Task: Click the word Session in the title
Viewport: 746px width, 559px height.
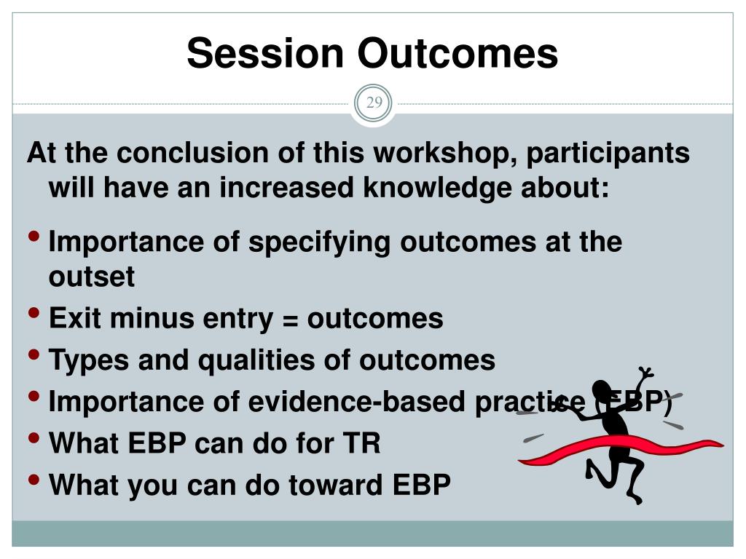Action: point(265,52)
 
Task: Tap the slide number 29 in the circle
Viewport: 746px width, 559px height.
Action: point(374,102)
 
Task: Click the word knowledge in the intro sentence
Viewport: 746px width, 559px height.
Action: point(437,187)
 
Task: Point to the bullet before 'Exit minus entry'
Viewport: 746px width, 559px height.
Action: point(34,313)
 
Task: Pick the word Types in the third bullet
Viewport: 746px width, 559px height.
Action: point(89,360)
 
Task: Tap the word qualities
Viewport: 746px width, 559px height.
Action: point(256,360)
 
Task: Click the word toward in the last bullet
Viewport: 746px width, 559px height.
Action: point(335,485)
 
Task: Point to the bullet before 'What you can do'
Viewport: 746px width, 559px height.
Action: point(34,480)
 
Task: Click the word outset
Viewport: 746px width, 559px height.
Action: point(92,277)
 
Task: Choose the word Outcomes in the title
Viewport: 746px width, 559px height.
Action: point(458,52)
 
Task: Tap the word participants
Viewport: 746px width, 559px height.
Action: point(608,154)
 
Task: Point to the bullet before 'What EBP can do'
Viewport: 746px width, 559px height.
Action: point(34,437)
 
